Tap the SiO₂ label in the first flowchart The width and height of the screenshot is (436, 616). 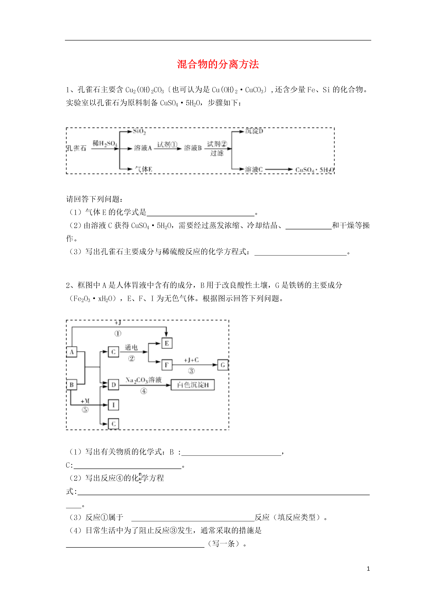[x=139, y=131]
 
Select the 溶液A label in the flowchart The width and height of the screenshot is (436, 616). [x=143, y=148]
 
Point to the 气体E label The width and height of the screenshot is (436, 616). [x=143, y=169]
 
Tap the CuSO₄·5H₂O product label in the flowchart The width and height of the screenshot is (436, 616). [x=315, y=170]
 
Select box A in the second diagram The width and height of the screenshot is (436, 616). [x=72, y=352]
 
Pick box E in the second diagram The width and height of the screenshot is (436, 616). [x=167, y=343]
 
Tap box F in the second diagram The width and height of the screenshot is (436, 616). [x=167, y=365]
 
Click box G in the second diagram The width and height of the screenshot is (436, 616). [x=223, y=365]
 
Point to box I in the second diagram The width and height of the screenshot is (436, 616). [x=113, y=405]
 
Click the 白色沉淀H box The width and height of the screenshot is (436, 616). [x=193, y=385]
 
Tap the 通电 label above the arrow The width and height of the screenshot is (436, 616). [x=131, y=348]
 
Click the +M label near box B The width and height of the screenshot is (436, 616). [x=85, y=401]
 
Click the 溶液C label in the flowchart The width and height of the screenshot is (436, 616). [x=254, y=170]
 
